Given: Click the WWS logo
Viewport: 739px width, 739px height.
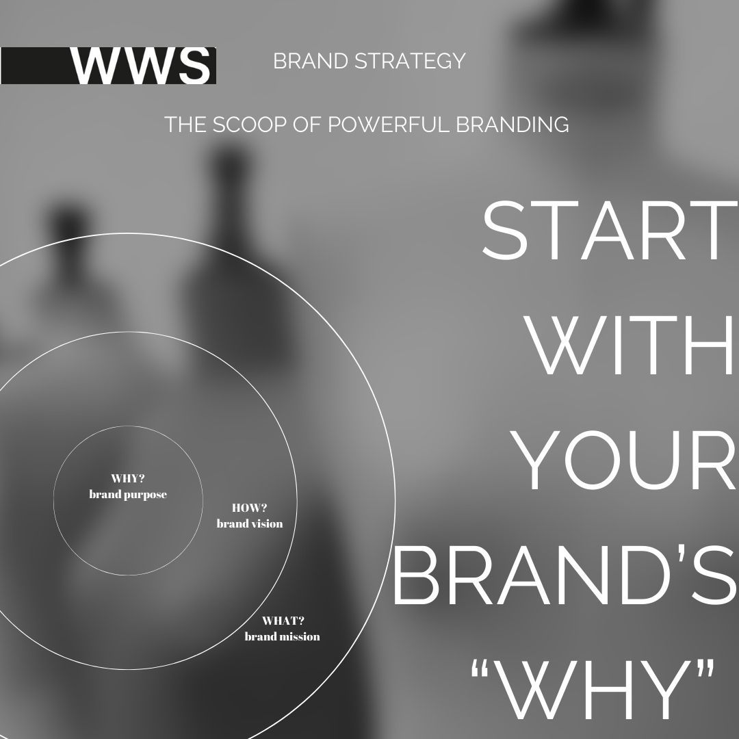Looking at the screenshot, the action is [x=108, y=66].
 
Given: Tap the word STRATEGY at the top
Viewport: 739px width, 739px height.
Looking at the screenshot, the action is [x=410, y=62].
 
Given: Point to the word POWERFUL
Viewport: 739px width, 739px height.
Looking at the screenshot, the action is [x=390, y=125].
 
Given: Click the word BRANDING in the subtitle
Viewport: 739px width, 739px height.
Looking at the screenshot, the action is [x=513, y=125].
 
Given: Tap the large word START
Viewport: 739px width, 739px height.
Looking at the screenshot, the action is [x=610, y=231].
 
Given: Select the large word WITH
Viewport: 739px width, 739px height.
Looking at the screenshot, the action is [x=631, y=346].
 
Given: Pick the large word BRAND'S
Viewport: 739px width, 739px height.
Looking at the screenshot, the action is [x=564, y=575].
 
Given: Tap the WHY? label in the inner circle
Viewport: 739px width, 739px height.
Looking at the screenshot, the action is [x=128, y=478].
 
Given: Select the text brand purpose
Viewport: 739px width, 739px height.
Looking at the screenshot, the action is [x=128, y=495].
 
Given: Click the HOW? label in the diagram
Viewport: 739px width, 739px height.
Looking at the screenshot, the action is [x=249, y=508].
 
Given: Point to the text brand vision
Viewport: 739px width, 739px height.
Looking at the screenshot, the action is [x=250, y=523].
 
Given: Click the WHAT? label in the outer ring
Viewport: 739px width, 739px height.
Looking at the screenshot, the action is [x=283, y=621].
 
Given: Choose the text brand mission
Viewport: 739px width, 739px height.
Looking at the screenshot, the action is [x=283, y=637].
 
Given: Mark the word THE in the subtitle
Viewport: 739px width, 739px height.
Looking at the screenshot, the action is [x=185, y=125].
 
